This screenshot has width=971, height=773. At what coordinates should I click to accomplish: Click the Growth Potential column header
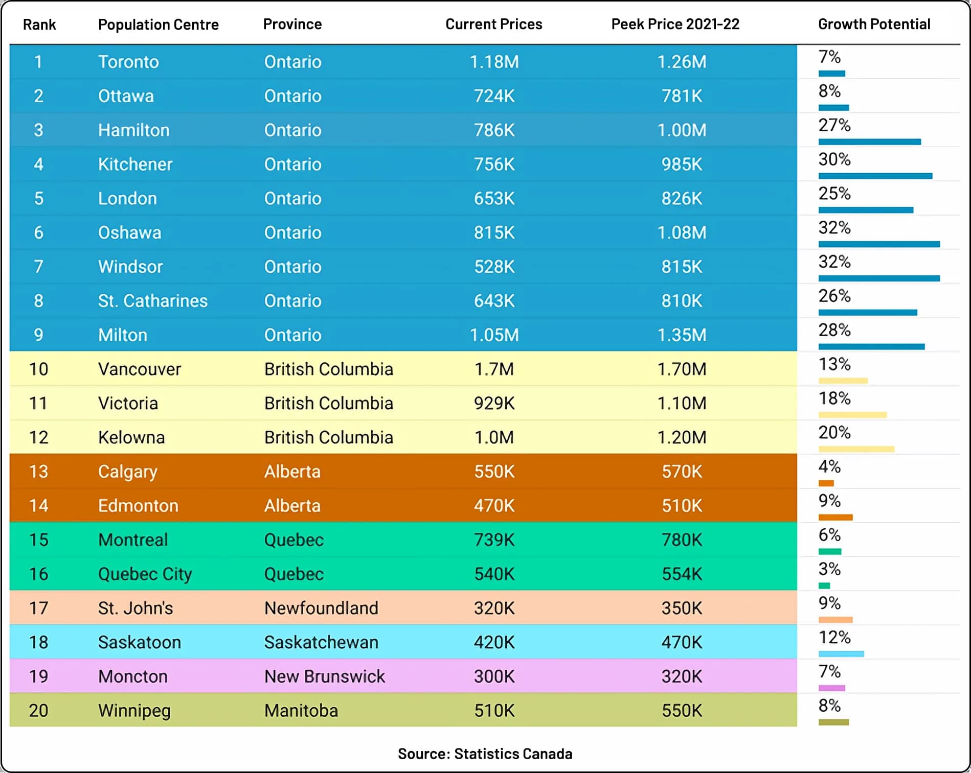[874, 24]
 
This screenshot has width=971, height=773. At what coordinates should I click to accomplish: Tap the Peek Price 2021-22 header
[675, 24]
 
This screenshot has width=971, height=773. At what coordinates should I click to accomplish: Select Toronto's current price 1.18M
[494, 62]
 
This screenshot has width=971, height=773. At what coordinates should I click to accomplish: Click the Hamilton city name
[133, 130]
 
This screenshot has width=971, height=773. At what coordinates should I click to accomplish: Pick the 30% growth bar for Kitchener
[875, 176]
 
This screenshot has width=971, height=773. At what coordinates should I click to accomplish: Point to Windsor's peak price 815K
[682, 267]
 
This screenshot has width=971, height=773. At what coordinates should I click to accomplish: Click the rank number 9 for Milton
[38, 335]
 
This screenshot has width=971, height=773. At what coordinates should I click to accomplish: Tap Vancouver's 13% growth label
[834, 364]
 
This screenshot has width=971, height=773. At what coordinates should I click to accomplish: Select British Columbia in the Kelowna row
[328, 438]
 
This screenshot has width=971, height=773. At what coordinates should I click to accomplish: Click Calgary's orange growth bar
[826, 483]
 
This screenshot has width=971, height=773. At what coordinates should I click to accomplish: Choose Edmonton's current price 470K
[494, 506]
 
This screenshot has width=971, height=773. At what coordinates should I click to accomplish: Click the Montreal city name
[133, 540]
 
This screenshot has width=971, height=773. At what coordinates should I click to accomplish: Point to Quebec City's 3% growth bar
[824, 585]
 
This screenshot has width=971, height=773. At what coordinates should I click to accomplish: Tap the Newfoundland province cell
[321, 608]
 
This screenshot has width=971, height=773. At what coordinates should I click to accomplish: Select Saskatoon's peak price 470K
[682, 643]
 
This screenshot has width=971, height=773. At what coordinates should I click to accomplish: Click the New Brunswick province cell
[324, 676]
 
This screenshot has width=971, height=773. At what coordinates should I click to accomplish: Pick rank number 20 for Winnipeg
[38, 711]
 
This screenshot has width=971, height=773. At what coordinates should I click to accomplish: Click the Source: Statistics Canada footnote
[485, 754]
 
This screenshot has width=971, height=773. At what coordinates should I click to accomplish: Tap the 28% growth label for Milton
[834, 330]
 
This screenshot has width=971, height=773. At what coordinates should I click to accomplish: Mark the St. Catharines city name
[153, 301]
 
